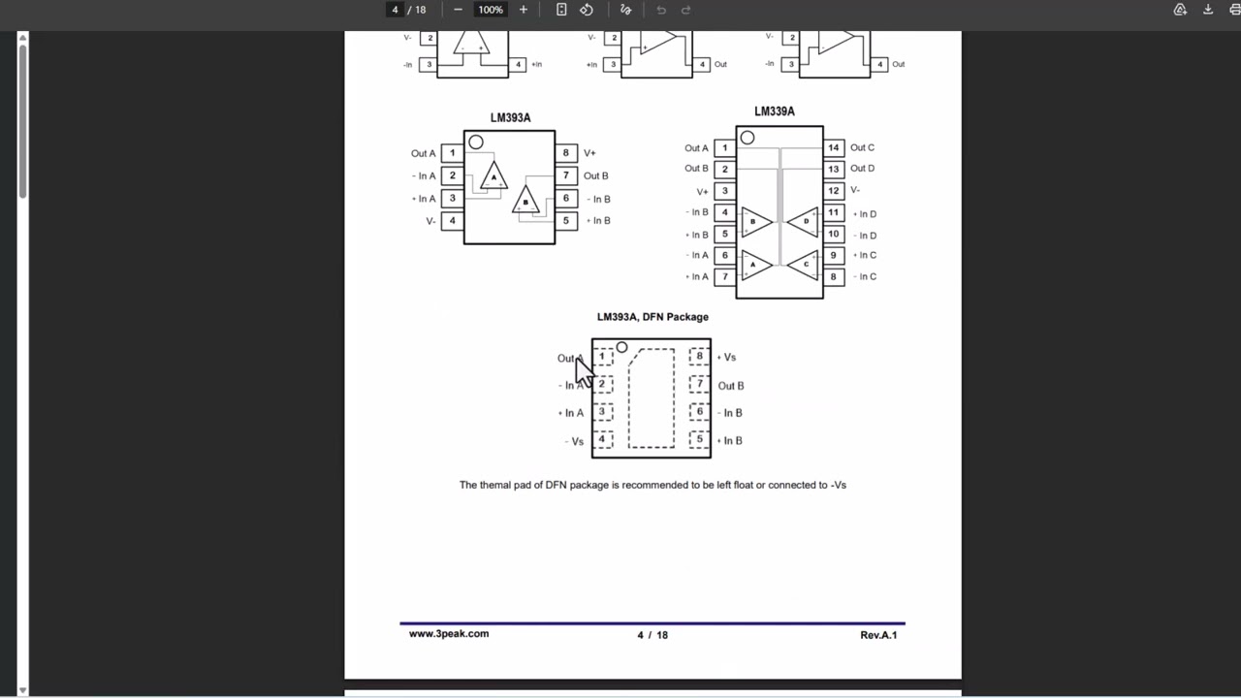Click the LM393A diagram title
point(510,118)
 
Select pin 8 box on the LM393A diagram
point(565,153)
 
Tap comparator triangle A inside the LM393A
point(493,175)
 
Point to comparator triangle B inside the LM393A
point(525,200)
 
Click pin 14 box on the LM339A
point(834,148)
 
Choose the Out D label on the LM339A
point(862,169)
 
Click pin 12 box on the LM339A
point(834,191)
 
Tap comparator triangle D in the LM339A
point(803,222)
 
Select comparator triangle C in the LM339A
point(803,265)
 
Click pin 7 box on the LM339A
point(724,277)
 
